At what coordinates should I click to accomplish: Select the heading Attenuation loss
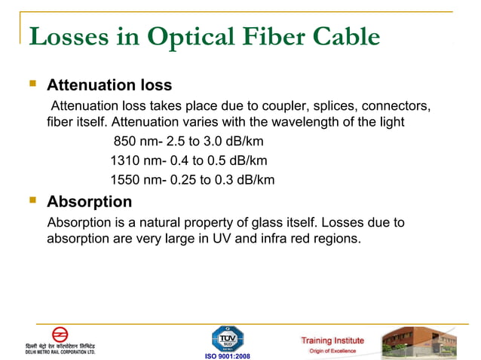(x=109, y=85)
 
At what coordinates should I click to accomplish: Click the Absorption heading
(x=89, y=202)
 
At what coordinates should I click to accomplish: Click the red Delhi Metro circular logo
(x=60, y=334)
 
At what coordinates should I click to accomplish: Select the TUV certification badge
(x=227, y=337)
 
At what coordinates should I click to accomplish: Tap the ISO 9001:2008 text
(x=227, y=355)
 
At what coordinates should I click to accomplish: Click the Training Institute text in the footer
(x=332, y=340)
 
